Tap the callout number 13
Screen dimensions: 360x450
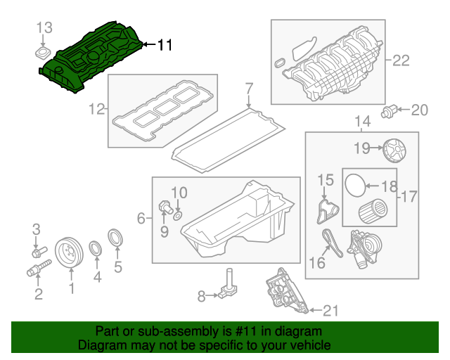44,27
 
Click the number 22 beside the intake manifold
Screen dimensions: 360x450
400,60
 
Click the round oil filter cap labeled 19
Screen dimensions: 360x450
395,149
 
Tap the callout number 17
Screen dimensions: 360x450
408,196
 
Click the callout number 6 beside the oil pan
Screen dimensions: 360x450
141,219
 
